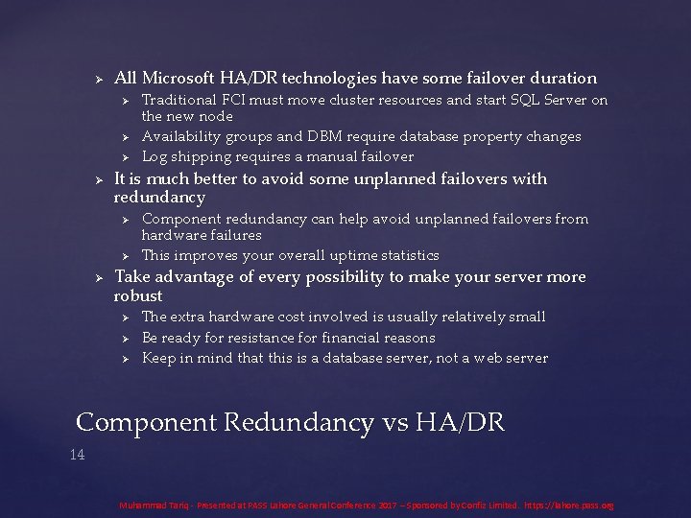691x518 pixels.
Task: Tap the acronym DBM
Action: pyautogui.click(x=330, y=136)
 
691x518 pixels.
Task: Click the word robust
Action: pyautogui.click(x=138, y=295)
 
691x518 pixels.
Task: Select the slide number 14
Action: pyautogui.click(x=78, y=455)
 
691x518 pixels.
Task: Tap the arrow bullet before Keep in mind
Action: pyautogui.click(x=125, y=359)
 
